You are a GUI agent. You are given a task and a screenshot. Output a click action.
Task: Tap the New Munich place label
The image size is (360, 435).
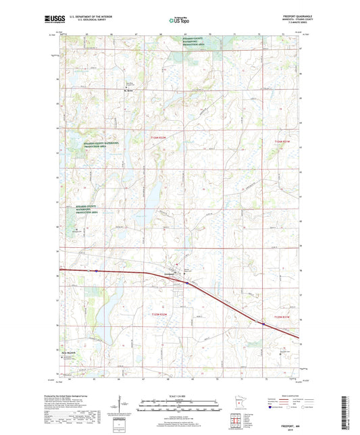click(71, 353)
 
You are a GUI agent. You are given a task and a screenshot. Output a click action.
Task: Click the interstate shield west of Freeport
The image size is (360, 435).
click(97, 271)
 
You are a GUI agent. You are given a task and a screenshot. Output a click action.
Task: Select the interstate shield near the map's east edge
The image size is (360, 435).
click(262, 324)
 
